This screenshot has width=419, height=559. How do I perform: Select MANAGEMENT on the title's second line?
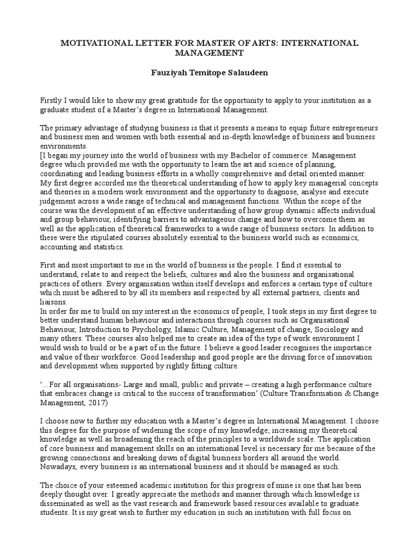(x=209, y=53)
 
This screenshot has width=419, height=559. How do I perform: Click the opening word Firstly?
(x=52, y=101)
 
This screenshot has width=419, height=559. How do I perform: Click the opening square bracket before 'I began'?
(x=42, y=155)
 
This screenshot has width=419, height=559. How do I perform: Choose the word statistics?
(x=109, y=246)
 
